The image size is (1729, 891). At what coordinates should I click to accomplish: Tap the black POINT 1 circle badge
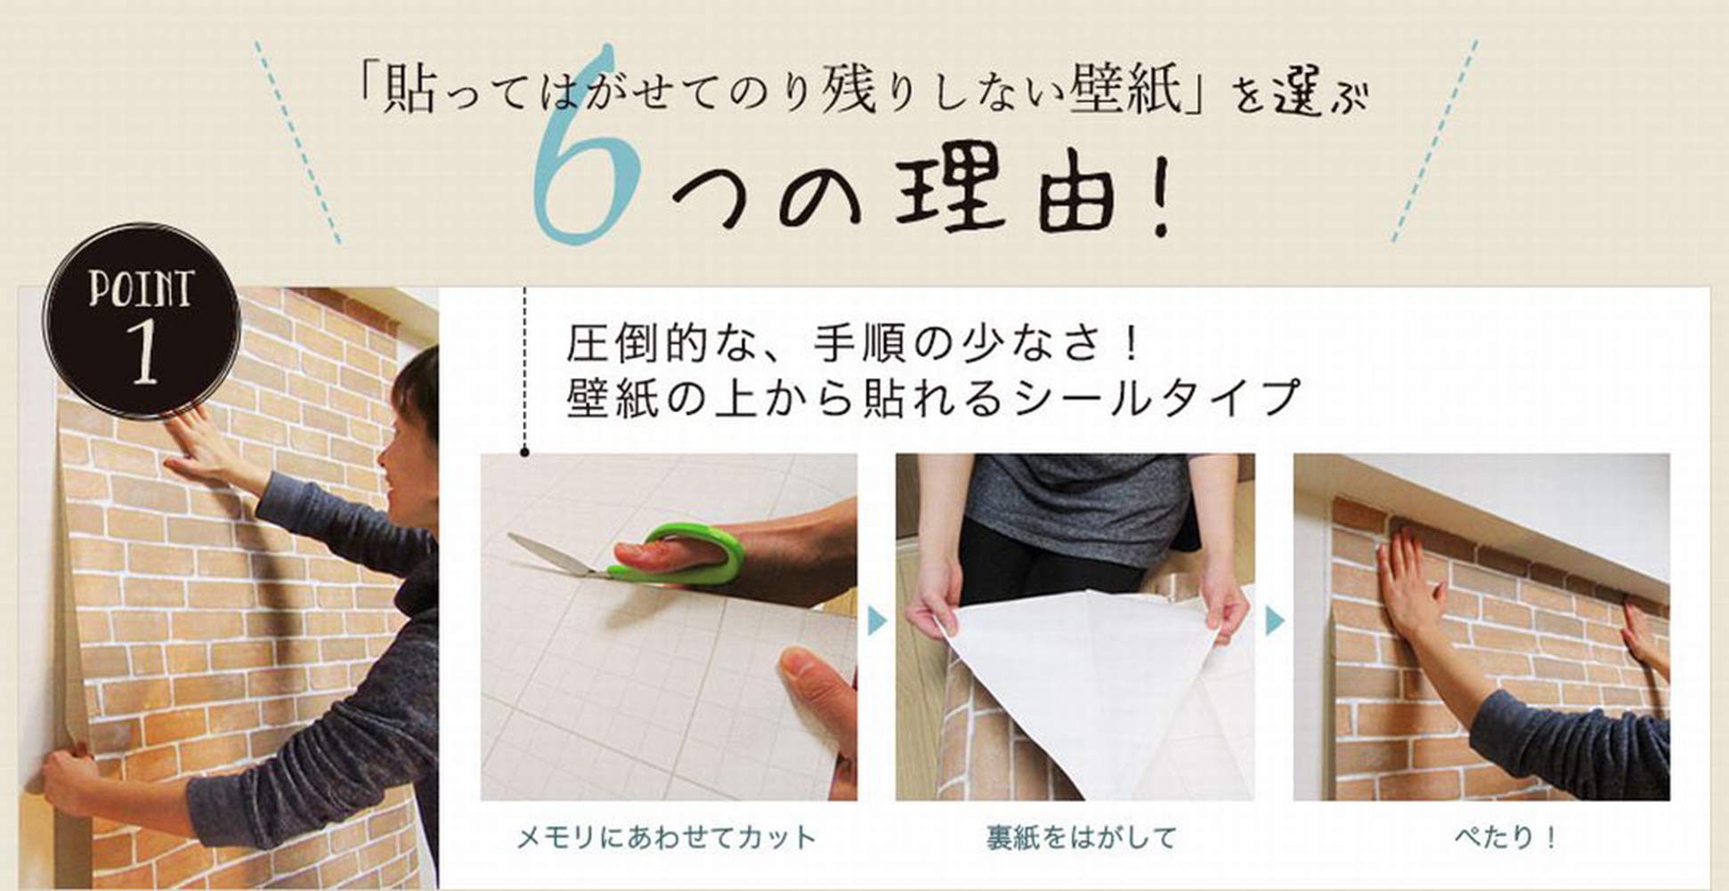click(142, 320)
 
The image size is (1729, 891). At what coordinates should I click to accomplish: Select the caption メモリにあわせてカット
click(667, 838)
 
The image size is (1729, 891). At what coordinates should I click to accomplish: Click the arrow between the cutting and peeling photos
click(877, 621)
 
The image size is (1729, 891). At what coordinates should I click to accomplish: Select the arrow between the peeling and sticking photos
click(1275, 621)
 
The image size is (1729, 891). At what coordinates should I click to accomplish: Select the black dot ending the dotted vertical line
click(525, 453)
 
